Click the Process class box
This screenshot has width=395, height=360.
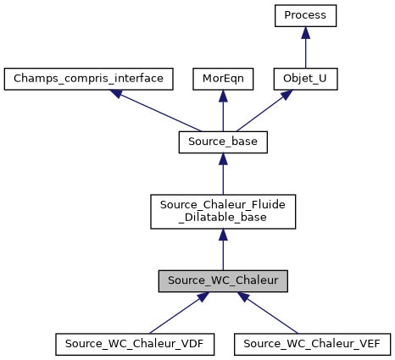[306, 15]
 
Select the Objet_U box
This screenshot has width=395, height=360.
[306, 79]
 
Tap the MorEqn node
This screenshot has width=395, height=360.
[222, 79]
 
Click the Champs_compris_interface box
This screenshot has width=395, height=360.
[89, 79]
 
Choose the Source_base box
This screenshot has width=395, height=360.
[222, 142]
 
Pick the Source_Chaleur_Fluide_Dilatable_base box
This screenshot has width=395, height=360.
[222, 212]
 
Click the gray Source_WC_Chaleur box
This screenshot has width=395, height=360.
[222, 280]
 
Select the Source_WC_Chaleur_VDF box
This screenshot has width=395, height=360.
[135, 344]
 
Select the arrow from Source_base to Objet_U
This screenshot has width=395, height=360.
[263, 111]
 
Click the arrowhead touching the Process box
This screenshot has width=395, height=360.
[306, 33]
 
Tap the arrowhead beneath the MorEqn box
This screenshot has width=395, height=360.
[222, 97]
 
